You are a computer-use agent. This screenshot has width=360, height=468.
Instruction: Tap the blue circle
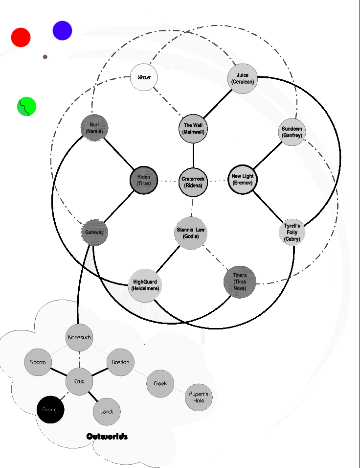[62, 30]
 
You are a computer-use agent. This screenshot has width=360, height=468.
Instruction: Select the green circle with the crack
[27, 107]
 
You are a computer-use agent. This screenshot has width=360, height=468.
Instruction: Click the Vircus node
[144, 77]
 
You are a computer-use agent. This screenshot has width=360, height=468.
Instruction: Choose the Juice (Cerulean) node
[243, 78]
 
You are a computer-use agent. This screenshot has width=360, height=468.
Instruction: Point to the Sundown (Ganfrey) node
[292, 132]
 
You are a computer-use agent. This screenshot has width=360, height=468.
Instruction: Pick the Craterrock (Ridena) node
[193, 182]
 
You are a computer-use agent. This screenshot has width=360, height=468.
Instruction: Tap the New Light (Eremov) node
[243, 179]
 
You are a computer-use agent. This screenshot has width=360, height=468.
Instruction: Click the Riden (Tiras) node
[144, 180]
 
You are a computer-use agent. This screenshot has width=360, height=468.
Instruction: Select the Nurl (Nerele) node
[94, 128]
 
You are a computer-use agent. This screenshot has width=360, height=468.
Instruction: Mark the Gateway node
[94, 233]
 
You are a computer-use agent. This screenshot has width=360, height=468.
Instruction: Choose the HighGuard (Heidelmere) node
[145, 285]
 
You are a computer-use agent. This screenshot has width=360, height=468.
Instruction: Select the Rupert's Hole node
[199, 397]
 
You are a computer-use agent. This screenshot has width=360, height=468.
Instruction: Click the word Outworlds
[107, 436]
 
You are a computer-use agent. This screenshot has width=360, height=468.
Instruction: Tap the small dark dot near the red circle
[45, 57]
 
